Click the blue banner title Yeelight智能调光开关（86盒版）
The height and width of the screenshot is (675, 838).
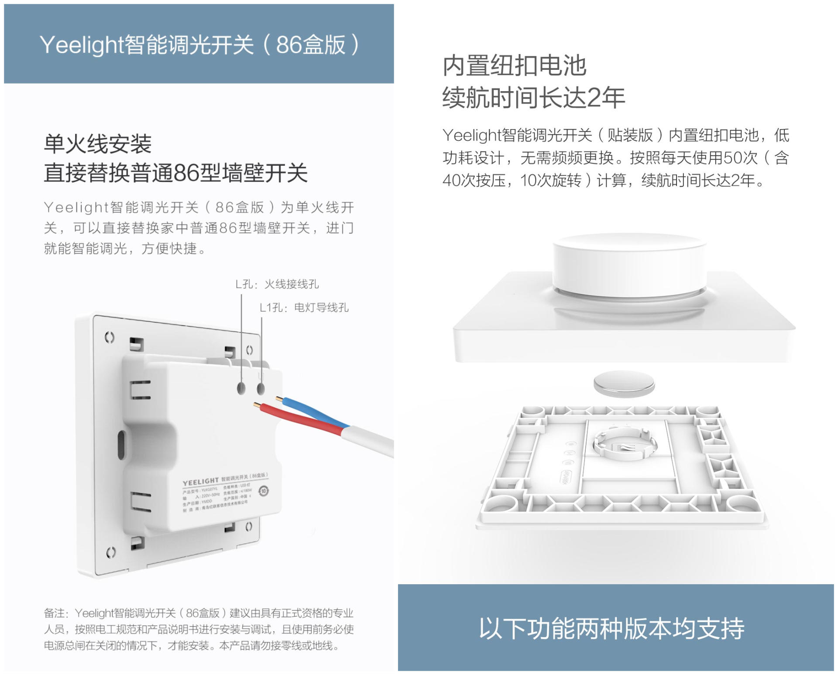(199, 45)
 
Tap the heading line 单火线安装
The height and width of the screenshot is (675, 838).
(97, 144)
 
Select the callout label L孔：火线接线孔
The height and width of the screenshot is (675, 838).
(277, 284)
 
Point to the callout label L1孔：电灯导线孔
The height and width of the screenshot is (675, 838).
(304, 308)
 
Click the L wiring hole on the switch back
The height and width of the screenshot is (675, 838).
(241, 388)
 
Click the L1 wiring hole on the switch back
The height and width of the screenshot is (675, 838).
(261, 388)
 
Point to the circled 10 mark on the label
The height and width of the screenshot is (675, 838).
(264, 491)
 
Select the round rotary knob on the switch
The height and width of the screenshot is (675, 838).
(629, 262)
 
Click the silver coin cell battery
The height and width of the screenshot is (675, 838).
(624, 384)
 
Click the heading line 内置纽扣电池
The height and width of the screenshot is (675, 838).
(514, 66)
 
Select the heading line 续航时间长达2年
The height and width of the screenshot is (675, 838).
(533, 97)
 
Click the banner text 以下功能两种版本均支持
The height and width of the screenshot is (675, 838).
(611, 628)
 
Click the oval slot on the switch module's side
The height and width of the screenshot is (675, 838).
(121, 445)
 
